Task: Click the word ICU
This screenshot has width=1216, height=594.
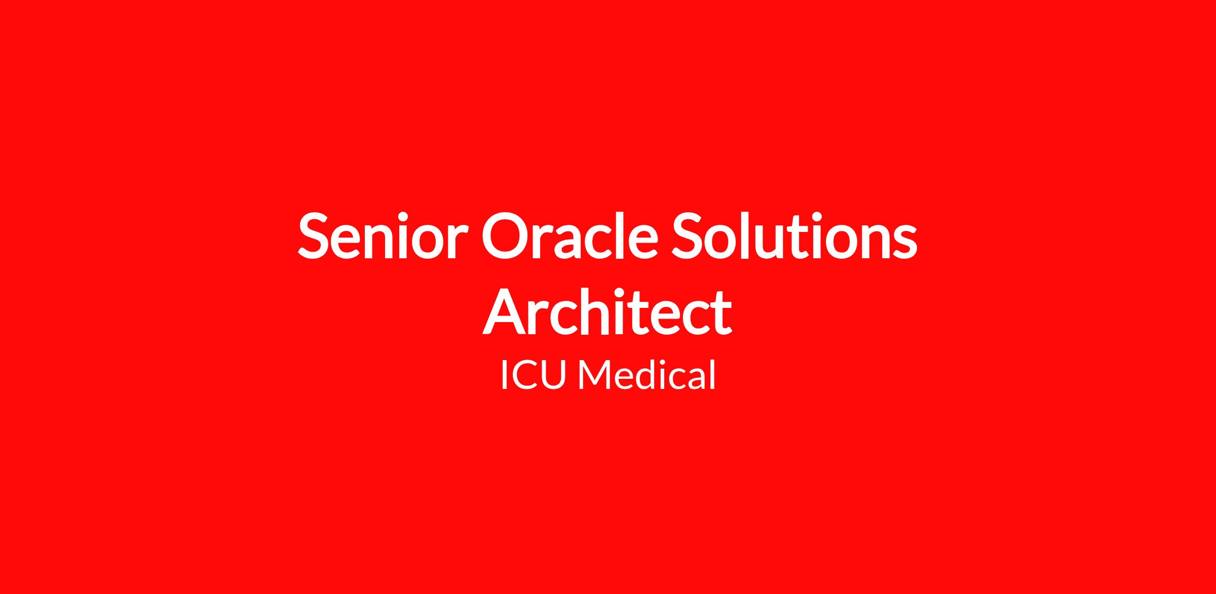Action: [x=533, y=375]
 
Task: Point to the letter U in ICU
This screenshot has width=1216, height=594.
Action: [x=552, y=376]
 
